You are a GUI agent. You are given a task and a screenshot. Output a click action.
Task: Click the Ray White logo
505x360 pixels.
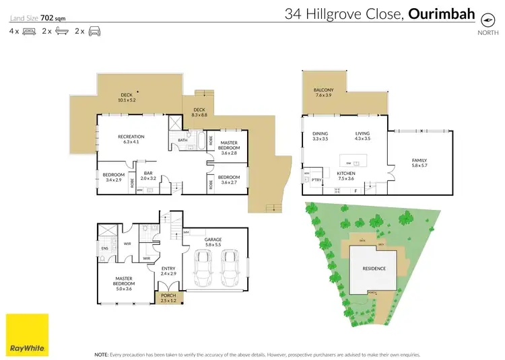27,334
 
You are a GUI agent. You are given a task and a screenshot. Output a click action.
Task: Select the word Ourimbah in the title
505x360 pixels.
442,13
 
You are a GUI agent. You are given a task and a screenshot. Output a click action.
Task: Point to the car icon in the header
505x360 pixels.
94,31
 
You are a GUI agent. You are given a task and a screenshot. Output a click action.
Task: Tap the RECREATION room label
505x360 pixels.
131,137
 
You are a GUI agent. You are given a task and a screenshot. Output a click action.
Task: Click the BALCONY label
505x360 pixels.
324,90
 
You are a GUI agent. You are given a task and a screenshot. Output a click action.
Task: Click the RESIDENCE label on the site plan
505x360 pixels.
374,268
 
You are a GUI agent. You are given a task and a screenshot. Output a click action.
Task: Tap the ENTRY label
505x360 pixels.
168,269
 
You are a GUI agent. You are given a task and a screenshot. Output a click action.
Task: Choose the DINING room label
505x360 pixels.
321,133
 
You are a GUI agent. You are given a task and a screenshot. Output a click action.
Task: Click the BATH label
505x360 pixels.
182,140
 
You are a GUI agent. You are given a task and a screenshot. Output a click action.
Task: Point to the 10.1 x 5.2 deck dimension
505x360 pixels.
127,100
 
